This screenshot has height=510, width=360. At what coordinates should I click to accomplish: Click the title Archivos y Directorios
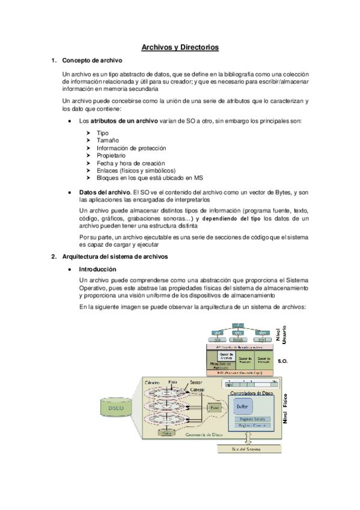tap(180, 46)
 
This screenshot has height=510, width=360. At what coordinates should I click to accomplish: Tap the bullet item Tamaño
tap(108, 140)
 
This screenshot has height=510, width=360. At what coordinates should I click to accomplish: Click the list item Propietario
tap(111, 155)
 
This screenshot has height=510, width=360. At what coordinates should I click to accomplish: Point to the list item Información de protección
tap(131, 148)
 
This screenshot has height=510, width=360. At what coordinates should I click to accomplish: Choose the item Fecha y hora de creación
tap(130, 163)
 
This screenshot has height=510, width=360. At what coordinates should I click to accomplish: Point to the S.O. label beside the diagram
tap(283, 362)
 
